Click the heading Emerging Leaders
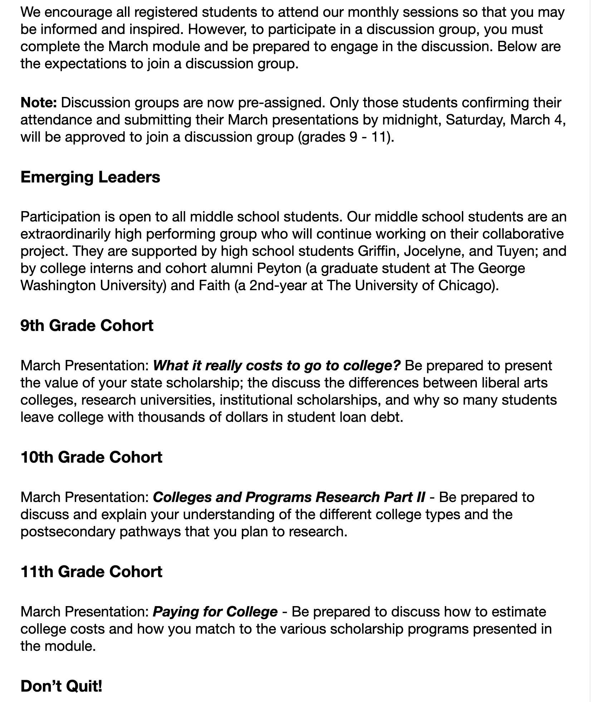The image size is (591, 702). pos(90,177)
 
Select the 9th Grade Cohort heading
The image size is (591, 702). pos(87,326)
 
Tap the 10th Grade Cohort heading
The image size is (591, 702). pos(91,457)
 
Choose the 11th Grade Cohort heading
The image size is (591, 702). pos(91,572)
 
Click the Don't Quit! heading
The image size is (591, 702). pos(62,686)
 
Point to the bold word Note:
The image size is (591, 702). pos(39,103)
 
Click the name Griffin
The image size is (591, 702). pos(378,251)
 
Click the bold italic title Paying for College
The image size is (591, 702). pos(215,612)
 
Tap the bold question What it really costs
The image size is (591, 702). pos(277,366)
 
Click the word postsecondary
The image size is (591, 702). pos(68,532)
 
